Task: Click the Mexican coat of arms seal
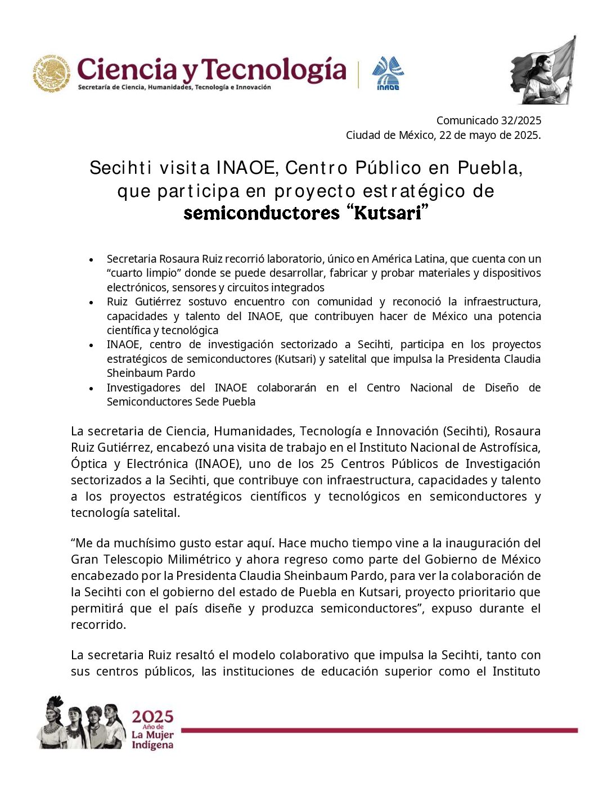pyautogui.click(x=51, y=73)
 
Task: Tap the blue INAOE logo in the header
pyautogui.click(x=388, y=73)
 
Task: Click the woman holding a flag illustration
pyautogui.click(x=543, y=71)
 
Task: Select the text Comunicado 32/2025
pyautogui.click(x=488, y=120)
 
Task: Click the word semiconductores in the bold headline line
pyautogui.click(x=262, y=213)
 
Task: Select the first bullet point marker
pyautogui.click(x=91, y=260)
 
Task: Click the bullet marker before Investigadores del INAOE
pyautogui.click(x=91, y=389)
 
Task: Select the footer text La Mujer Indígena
pyautogui.click(x=152, y=740)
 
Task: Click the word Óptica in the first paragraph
pyautogui.click(x=89, y=464)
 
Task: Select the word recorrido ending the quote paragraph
pyautogui.click(x=98, y=625)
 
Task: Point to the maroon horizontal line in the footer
pyautogui.click(x=379, y=730)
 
